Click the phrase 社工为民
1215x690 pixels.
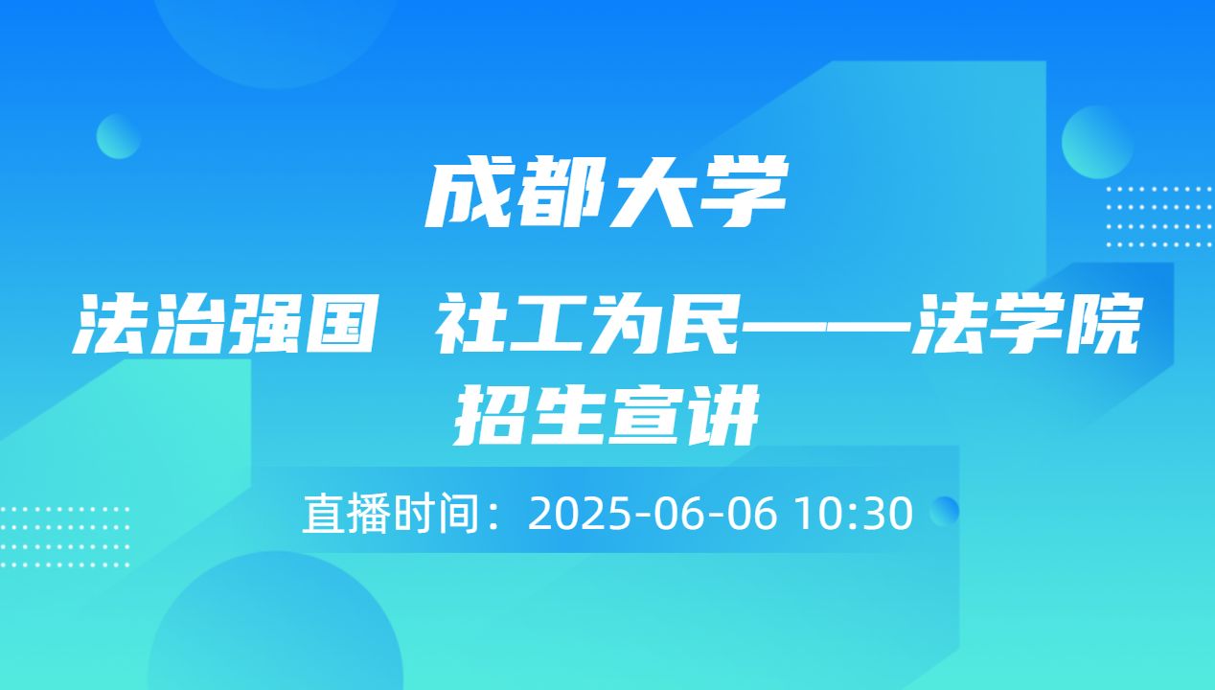click(588, 326)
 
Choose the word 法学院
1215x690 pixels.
click(1024, 326)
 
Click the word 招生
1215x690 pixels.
click(530, 417)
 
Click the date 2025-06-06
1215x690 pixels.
click(652, 515)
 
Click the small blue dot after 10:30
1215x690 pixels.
click(945, 511)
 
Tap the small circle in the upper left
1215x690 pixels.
click(119, 136)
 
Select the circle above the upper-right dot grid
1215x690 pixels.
click(1097, 142)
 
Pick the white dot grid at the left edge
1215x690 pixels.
click(62, 537)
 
